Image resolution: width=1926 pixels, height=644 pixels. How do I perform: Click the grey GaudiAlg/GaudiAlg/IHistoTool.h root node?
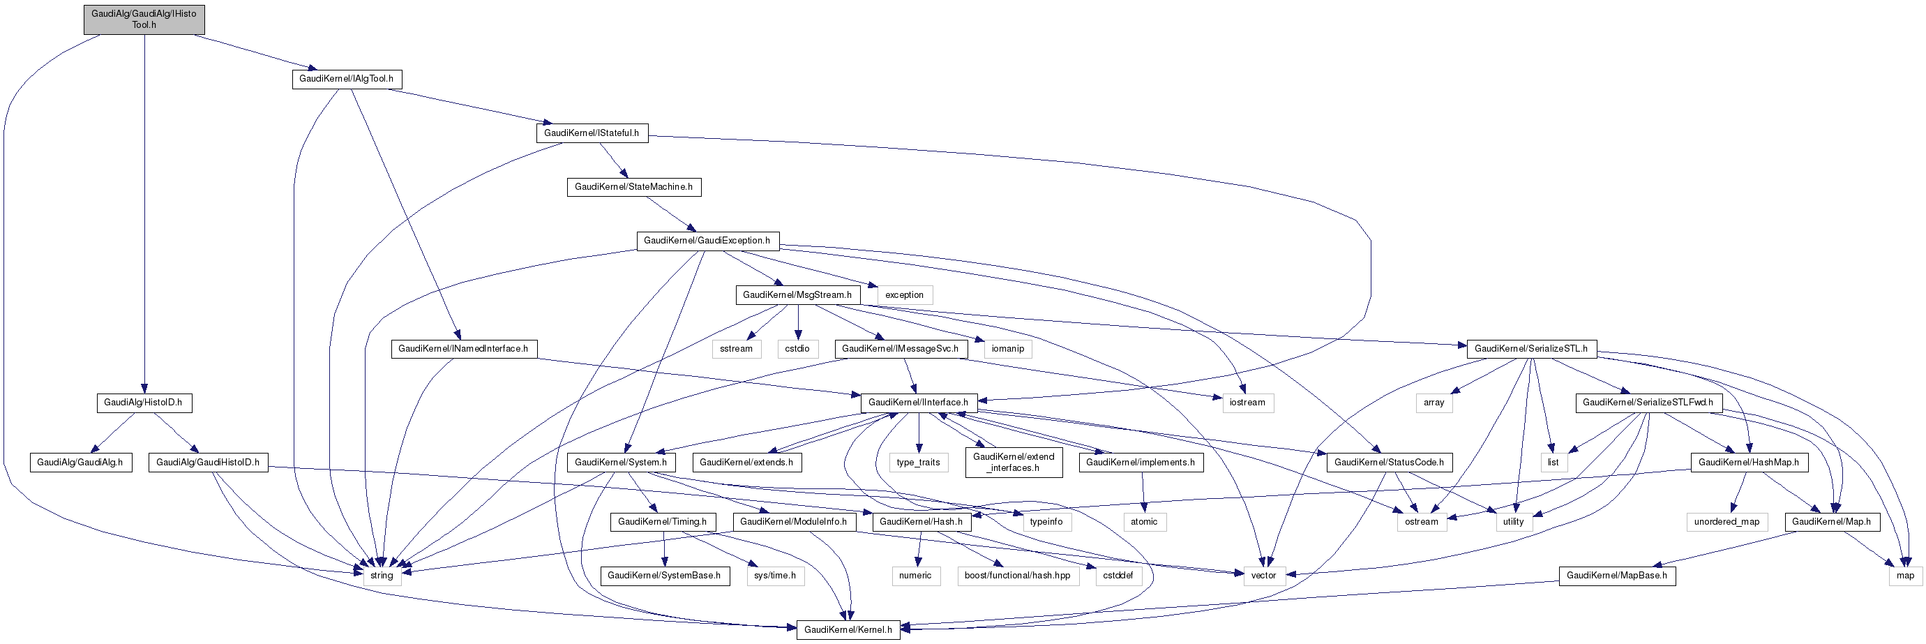pyautogui.click(x=144, y=20)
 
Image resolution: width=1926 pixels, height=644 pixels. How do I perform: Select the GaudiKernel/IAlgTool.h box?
pyautogui.click(x=346, y=79)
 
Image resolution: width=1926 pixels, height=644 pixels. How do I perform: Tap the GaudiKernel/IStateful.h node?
pyautogui.click(x=592, y=133)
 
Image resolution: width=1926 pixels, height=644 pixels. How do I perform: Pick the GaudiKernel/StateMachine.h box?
pyautogui.click(x=633, y=187)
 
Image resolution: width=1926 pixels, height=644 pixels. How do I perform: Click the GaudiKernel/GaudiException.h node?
pyautogui.click(x=707, y=241)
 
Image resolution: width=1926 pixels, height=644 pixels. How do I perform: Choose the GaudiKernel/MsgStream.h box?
pyautogui.click(x=797, y=294)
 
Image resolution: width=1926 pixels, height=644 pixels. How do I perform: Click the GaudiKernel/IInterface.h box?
pyautogui.click(x=918, y=403)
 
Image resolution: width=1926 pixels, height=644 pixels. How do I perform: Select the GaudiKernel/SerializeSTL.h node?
pyautogui.click(x=1530, y=349)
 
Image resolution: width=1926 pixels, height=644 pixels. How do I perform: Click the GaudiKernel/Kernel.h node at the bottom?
pyautogui.click(x=848, y=630)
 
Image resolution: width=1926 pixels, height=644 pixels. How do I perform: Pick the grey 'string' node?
pyautogui.click(x=382, y=576)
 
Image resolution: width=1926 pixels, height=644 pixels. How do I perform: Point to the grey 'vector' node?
pyautogui.click(x=1263, y=576)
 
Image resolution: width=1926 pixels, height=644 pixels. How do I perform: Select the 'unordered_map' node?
pyautogui.click(x=1726, y=522)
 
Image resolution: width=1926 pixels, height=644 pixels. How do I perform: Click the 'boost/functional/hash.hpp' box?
pyautogui.click(x=1018, y=576)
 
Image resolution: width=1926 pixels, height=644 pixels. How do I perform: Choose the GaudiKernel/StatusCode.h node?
pyautogui.click(x=1389, y=463)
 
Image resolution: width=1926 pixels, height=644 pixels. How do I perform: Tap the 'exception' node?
pyautogui.click(x=905, y=294)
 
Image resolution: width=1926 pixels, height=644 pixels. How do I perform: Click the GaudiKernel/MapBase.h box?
pyautogui.click(x=1616, y=576)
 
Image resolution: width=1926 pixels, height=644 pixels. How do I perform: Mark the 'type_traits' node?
pyautogui.click(x=918, y=463)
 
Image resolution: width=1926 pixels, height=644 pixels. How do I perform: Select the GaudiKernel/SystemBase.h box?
pyautogui.click(x=664, y=576)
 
